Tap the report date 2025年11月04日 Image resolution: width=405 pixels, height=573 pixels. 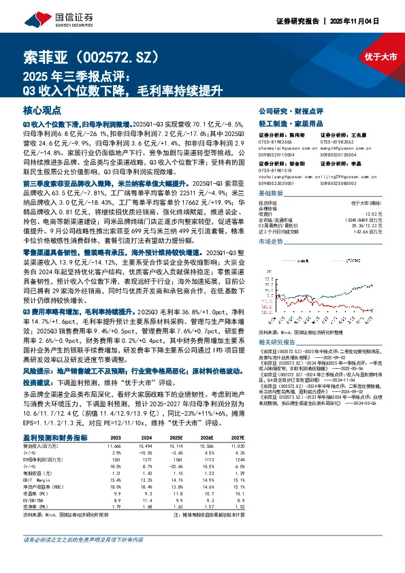coord(374,21)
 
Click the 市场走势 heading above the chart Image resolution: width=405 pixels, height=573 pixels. coord(271,242)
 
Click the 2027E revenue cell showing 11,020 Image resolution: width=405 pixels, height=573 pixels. coord(236,463)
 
